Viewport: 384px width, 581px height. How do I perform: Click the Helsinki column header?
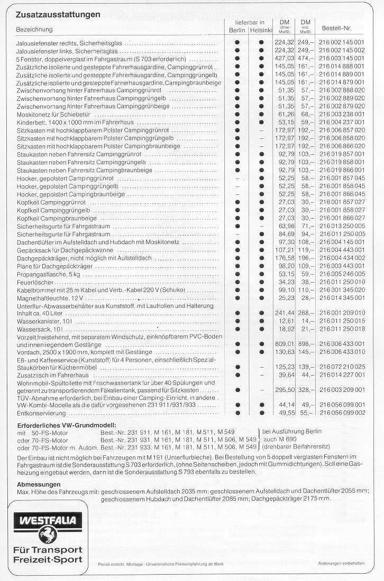coord(261,31)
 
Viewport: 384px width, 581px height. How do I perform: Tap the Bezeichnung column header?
coord(34,29)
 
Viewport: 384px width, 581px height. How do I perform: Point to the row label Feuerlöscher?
coord(33,283)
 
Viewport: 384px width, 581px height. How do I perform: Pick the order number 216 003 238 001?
coord(342,114)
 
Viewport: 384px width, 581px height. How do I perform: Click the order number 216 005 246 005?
coord(342,274)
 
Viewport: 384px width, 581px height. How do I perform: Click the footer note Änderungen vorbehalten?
coord(341,564)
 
